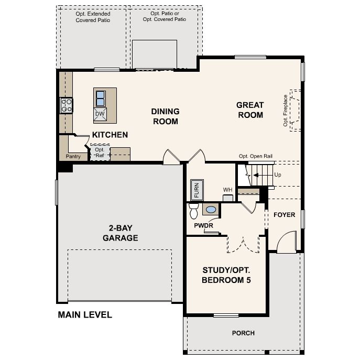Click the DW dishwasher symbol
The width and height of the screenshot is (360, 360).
[x=100, y=114]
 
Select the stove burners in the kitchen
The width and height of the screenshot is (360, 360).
[x=67, y=105]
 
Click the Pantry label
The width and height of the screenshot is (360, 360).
[x=72, y=156]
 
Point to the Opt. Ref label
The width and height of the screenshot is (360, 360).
[x=100, y=152]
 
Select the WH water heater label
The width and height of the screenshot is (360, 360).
[x=227, y=190]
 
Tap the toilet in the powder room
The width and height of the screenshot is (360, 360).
[x=193, y=211]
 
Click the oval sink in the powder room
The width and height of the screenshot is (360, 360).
[x=210, y=210]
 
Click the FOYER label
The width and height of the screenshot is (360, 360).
[x=284, y=215]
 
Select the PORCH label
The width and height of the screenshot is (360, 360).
[x=243, y=333]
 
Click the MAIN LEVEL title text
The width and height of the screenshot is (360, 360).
[x=85, y=315]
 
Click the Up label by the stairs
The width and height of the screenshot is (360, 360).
[x=278, y=174]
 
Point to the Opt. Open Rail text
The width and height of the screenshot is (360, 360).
[x=255, y=156]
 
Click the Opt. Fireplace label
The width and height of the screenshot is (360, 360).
[x=286, y=110]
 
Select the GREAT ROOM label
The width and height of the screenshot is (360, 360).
[x=250, y=110]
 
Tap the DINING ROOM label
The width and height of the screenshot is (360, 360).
[x=165, y=116]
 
